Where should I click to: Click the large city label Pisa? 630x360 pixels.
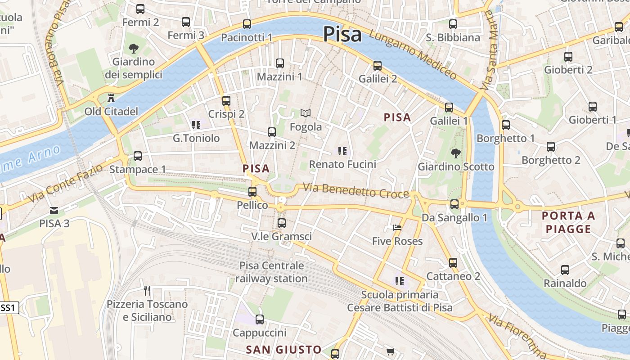pos(342,34)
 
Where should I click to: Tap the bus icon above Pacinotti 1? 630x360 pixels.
pos(247,24)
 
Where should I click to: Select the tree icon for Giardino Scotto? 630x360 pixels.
pos(455,153)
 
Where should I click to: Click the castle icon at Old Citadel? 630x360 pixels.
pos(111,97)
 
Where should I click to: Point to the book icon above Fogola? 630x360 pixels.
pos(306,113)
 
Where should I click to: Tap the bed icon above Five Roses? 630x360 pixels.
pos(397,228)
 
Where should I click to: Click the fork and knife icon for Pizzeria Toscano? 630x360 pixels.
pos(147,290)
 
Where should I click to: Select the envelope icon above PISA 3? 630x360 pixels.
pos(54,210)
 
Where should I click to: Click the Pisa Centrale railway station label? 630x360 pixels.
pos(271,272)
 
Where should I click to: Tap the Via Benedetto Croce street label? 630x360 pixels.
pos(355,190)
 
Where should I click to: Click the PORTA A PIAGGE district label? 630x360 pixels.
pos(568,222)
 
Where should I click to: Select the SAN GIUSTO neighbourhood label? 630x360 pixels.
pos(283,350)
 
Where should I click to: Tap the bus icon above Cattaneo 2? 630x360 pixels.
pos(453,262)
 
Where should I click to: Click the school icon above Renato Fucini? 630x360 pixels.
pos(342,151)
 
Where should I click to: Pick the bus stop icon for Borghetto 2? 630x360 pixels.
pos(550,147)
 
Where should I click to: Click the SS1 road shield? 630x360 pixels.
pos(9,308)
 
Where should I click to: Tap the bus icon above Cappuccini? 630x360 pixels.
pos(259,319)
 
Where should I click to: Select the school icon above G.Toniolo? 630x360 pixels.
pos(196,125)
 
